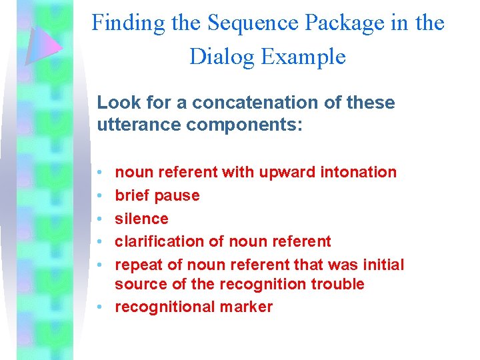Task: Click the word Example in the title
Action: pyautogui.click(x=304, y=57)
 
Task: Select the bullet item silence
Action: pyautogui.click(x=141, y=219)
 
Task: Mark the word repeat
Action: pyautogui.click(x=139, y=265)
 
